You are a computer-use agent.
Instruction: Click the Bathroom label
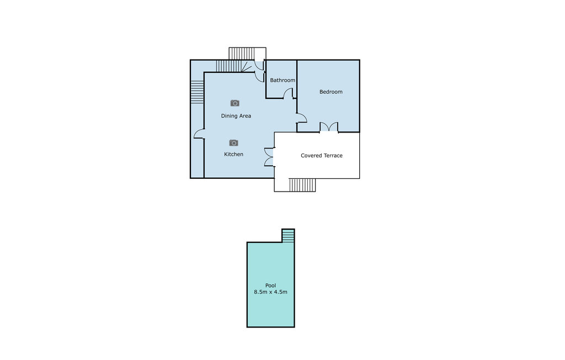pyautogui.click(x=282, y=80)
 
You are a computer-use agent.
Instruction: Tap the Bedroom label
pyautogui.click(x=331, y=92)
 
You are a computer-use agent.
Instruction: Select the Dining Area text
pyautogui.click(x=236, y=116)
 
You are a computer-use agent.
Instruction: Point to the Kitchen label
pyautogui.click(x=233, y=154)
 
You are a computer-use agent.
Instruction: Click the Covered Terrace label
pyautogui.click(x=322, y=156)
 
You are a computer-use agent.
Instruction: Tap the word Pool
pyautogui.click(x=270, y=285)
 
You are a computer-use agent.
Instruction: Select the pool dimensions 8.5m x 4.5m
pyautogui.click(x=270, y=292)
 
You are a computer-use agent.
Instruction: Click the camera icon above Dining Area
pyautogui.click(x=235, y=103)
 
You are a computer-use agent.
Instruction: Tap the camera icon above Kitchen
pyautogui.click(x=233, y=143)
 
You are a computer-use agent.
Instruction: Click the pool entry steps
pyautogui.click(x=288, y=236)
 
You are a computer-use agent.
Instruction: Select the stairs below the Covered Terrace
pyautogui.click(x=302, y=184)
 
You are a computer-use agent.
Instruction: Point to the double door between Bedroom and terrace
pyautogui.click(x=329, y=127)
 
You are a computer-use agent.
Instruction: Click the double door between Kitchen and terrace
pyautogui.click(x=269, y=157)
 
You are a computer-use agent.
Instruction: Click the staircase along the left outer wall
pyautogui.click(x=197, y=92)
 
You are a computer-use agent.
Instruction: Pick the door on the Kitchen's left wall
pyautogui.click(x=199, y=134)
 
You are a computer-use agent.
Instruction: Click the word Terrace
pyautogui.click(x=332, y=156)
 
